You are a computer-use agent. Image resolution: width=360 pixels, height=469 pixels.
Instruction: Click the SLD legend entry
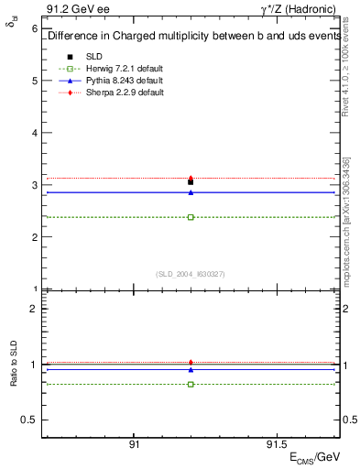click(94, 57)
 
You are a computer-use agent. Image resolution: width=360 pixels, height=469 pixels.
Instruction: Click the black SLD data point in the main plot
click(191, 182)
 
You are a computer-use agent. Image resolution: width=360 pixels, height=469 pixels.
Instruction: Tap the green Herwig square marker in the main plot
click(191, 217)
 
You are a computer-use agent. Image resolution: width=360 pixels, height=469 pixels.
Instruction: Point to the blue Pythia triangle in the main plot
click(191, 192)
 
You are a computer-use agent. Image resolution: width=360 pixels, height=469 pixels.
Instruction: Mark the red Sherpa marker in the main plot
click(191, 178)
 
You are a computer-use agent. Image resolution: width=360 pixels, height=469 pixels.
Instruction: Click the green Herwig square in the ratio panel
click(191, 384)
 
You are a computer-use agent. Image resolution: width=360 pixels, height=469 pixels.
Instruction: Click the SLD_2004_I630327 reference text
click(191, 273)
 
